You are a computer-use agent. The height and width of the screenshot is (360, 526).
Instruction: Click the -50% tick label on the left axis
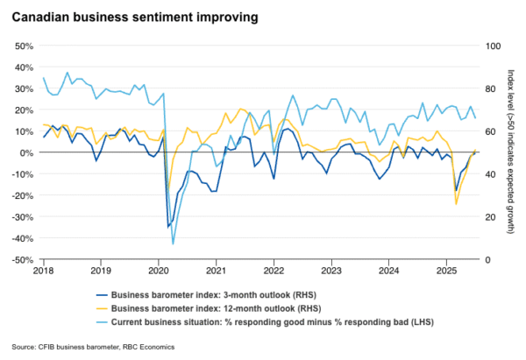pos(21,260)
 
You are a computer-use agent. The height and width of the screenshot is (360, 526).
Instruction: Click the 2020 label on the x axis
pos(159,272)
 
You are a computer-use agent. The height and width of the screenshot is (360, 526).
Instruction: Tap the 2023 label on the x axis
pos(331,272)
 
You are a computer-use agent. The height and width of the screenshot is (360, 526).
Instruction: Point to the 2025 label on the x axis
pos(447,272)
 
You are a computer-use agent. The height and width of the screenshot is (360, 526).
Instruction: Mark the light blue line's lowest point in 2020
pos(174,244)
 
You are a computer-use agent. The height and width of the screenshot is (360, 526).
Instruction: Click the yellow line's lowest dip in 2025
pos(456,204)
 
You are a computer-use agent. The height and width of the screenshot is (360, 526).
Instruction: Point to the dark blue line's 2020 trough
pos(168,227)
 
